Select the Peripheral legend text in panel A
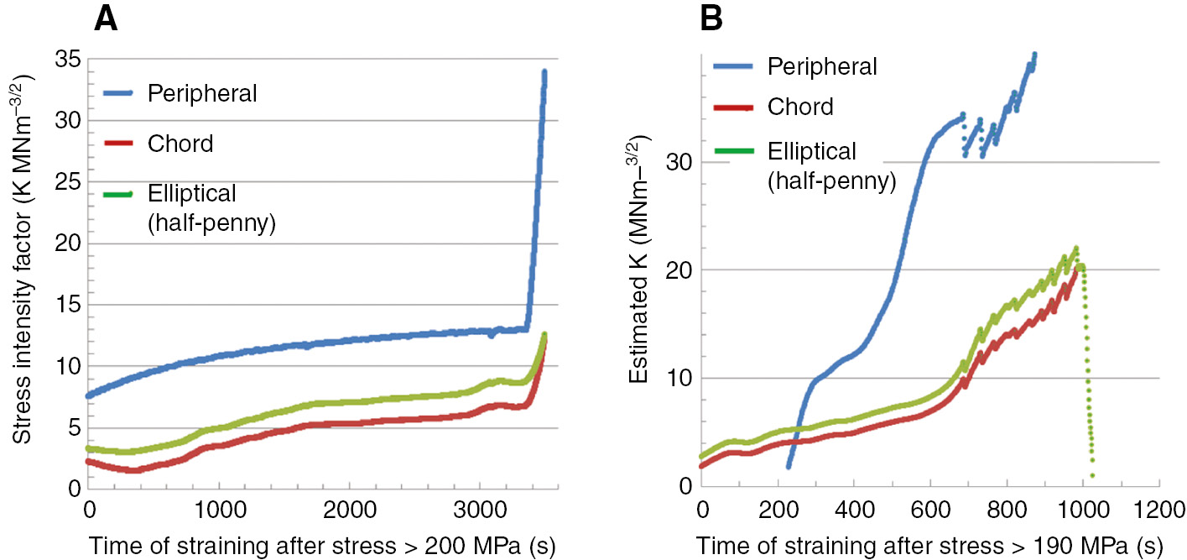coord(202,93)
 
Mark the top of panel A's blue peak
coord(544,72)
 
